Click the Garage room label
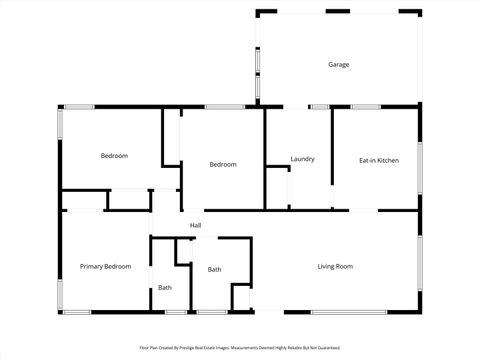pos(339,65)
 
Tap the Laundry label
pos(303,159)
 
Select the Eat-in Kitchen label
pos(379,160)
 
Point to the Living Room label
pos(335,266)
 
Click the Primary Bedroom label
pos(105,266)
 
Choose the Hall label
pos(196,225)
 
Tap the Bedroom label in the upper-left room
pos(114,155)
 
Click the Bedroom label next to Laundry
pos(222,164)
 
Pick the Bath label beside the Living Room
pos(214,269)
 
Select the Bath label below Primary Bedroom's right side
pos(165,288)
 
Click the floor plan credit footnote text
pos(240,348)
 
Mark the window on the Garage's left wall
pos(257,59)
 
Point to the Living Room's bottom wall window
pos(349,312)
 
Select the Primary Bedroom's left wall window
pos(60,294)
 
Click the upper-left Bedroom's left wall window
pos(60,123)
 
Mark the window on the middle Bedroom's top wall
pos(219,106)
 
